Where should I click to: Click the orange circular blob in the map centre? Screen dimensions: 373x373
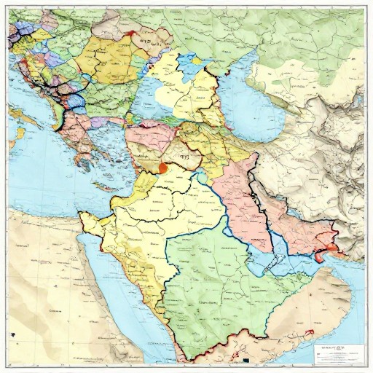[163, 168]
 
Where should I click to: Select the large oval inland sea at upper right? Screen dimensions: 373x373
[256, 102]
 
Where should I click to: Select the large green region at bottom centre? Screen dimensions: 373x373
[219, 291]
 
